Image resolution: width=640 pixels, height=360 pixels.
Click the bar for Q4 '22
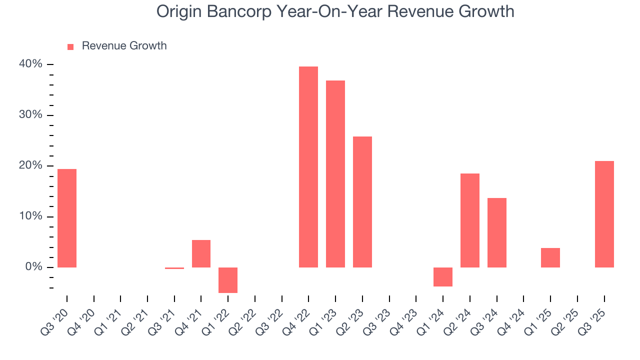(x=308, y=167)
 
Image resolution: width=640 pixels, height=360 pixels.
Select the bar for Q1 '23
(x=335, y=174)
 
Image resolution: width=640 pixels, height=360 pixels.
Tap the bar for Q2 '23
(x=362, y=202)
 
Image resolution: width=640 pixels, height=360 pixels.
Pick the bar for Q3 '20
(x=67, y=218)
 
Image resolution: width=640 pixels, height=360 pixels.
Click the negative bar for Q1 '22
(x=228, y=280)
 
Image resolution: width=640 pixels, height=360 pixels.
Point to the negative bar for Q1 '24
(x=443, y=277)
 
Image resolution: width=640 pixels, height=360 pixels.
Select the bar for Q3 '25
(x=604, y=214)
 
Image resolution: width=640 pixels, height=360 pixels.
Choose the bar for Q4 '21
(x=201, y=253)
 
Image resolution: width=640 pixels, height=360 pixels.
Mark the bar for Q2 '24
(x=470, y=220)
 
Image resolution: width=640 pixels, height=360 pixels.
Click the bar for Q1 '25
(x=550, y=257)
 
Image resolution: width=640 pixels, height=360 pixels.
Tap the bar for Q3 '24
(x=497, y=232)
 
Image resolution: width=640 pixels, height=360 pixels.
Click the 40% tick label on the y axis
(x=31, y=64)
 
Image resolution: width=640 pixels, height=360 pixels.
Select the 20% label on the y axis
(x=31, y=166)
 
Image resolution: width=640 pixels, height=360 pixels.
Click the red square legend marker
(x=70, y=46)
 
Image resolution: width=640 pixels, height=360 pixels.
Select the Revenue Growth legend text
(x=124, y=46)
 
